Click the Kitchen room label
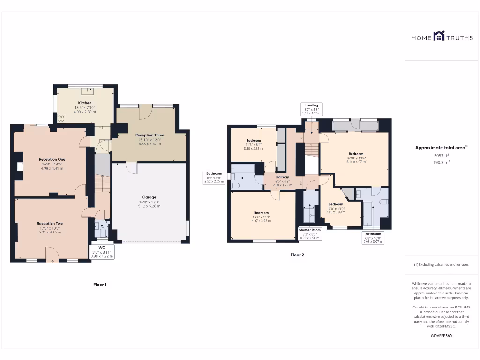point(85,103)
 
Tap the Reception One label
point(52,159)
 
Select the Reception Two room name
point(50,224)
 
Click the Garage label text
point(149,197)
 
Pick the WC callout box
point(102,251)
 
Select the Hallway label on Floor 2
point(282,177)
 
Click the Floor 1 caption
point(100,285)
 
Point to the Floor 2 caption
point(297,255)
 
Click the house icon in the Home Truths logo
point(439,37)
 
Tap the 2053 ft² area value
point(442,155)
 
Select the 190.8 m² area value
point(442,162)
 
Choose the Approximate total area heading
point(441,148)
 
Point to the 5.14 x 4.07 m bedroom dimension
point(356,162)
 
